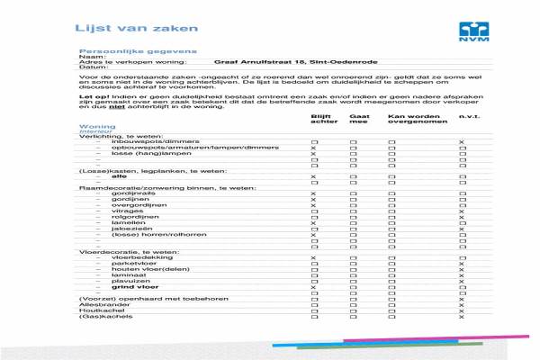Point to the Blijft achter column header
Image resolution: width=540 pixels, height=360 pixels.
pos(321,119)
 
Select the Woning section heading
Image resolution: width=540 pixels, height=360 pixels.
pos(97,127)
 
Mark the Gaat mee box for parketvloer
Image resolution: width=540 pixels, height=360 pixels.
pos(353,263)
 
